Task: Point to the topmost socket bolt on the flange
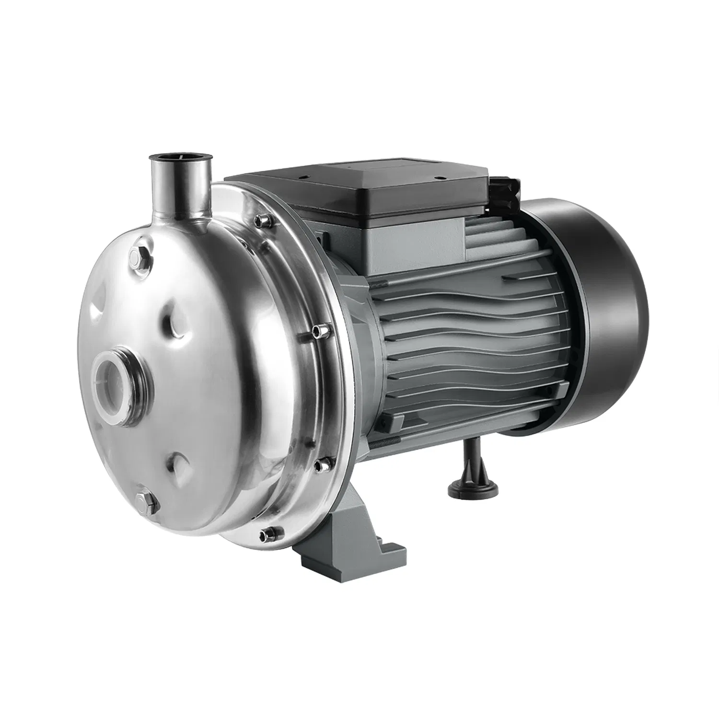[262, 220]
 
